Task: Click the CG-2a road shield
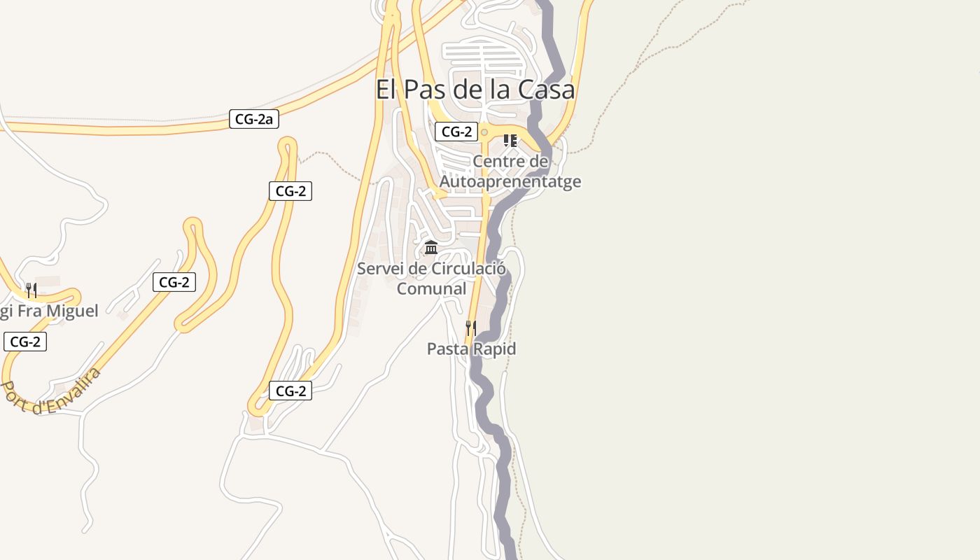pyautogui.click(x=254, y=119)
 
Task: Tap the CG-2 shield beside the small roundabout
pyautogui.click(x=456, y=132)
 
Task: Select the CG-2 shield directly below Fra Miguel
pyautogui.click(x=25, y=342)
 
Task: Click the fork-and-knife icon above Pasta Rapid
pyautogui.click(x=471, y=327)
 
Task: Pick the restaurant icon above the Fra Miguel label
pyautogui.click(x=31, y=290)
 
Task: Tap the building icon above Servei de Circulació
pyautogui.click(x=431, y=248)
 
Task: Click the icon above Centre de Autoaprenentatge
pyautogui.click(x=510, y=141)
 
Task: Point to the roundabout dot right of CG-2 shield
pyautogui.click(x=484, y=132)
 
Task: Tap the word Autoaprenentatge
pyautogui.click(x=510, y=181)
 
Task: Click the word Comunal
pyautogui.click(x=431, y=288)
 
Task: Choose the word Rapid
pyautogui.click(x=494, y=349)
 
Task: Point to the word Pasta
pyautogui.click(x=448, y=349)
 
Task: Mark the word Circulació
pyautogui.click(x=468, y=268)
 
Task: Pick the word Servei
pyautogui.click(x=381, y=268)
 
